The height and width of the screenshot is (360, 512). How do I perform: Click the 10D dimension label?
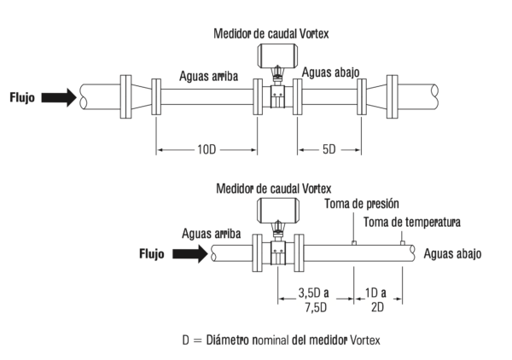(x=206, y=150)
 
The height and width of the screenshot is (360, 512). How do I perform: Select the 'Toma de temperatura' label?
(x=412, y=223)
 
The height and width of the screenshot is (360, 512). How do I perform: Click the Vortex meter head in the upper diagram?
(x=277, y=57)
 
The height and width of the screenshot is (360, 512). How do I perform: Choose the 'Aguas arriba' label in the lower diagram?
(x=211, y=233)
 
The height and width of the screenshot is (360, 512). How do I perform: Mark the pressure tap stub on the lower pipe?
(x=353, y=242)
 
